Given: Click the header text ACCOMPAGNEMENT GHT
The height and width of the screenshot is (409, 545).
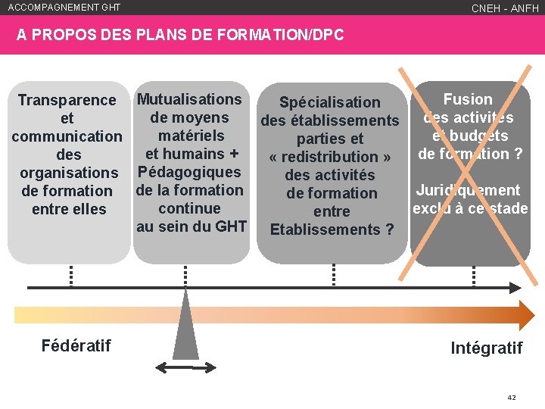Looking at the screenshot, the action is coord(64,8).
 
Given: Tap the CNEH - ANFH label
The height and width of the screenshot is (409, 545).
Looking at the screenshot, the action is coord(505,8).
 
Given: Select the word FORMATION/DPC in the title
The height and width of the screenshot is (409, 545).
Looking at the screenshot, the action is coord(297,35).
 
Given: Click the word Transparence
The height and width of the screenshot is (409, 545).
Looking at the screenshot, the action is coord(67,100).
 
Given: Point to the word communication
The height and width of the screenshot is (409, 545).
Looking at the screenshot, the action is coord(67,136).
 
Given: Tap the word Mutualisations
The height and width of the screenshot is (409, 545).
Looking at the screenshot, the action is coord(189,99).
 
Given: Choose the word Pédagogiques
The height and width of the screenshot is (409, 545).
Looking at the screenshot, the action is coord(190,172).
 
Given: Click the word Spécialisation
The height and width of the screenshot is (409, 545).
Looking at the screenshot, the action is coord(329,102).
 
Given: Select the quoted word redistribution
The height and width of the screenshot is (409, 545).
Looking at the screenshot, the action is coord(330,157).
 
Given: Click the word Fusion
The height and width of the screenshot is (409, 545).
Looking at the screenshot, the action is coord(468,99).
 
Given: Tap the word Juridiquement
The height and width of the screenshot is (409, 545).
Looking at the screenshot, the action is coord(468,190).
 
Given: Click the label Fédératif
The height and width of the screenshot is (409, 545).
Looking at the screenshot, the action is coord(76,346).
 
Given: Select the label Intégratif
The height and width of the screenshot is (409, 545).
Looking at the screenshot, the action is coord(486,348).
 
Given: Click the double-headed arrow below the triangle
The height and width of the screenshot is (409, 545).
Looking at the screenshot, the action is coord(185,367).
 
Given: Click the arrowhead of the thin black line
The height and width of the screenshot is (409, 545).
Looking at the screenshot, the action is coord(515,288).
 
